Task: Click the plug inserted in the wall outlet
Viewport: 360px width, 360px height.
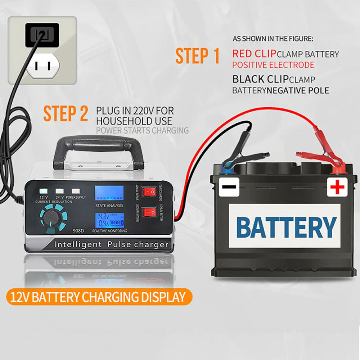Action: tap(42, 35)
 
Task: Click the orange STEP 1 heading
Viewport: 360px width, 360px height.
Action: tap(197, 56)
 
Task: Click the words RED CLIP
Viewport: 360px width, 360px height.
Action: tap(254, 54)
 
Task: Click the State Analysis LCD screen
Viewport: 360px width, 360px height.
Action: tap(109, 194)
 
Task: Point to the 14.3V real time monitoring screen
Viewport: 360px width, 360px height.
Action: tap(109, 220)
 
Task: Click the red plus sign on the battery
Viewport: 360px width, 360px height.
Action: tap(337, 187)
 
